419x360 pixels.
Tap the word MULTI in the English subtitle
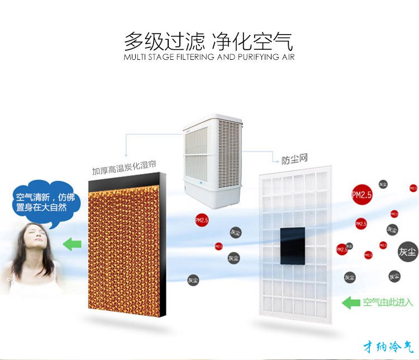click(x=135, y=57)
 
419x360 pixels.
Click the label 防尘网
click(x=294, y=159)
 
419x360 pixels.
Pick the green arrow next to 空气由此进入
click(x=351, y=303)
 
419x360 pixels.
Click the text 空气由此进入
click(x=388, y=303)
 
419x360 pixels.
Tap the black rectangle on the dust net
click(x=292, y=245)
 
